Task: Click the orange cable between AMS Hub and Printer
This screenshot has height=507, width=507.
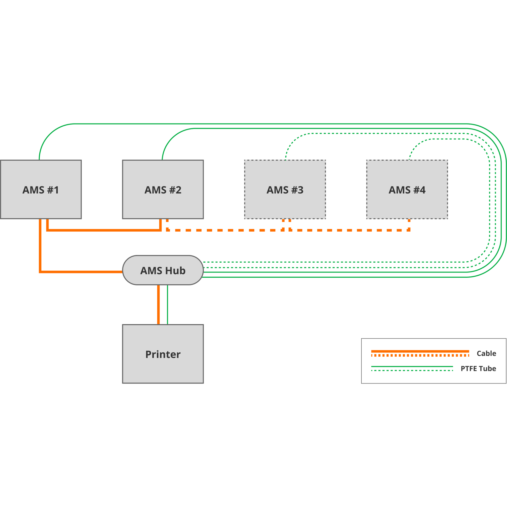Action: (158, 304)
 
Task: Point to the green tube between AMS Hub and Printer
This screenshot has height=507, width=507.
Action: (168, 304)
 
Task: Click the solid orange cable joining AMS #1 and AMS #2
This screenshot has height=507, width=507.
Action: (105, 230)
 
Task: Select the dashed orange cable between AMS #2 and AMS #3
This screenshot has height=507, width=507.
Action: (223, 230)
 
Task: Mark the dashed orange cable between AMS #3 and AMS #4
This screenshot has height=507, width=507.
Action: (349, 230)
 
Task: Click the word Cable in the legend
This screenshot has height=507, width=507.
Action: (486, 353)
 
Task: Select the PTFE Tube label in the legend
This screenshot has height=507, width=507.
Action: (478, 369)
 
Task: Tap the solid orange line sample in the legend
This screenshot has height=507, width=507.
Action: (420, 351)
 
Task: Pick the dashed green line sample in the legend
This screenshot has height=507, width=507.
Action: (412, 370)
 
